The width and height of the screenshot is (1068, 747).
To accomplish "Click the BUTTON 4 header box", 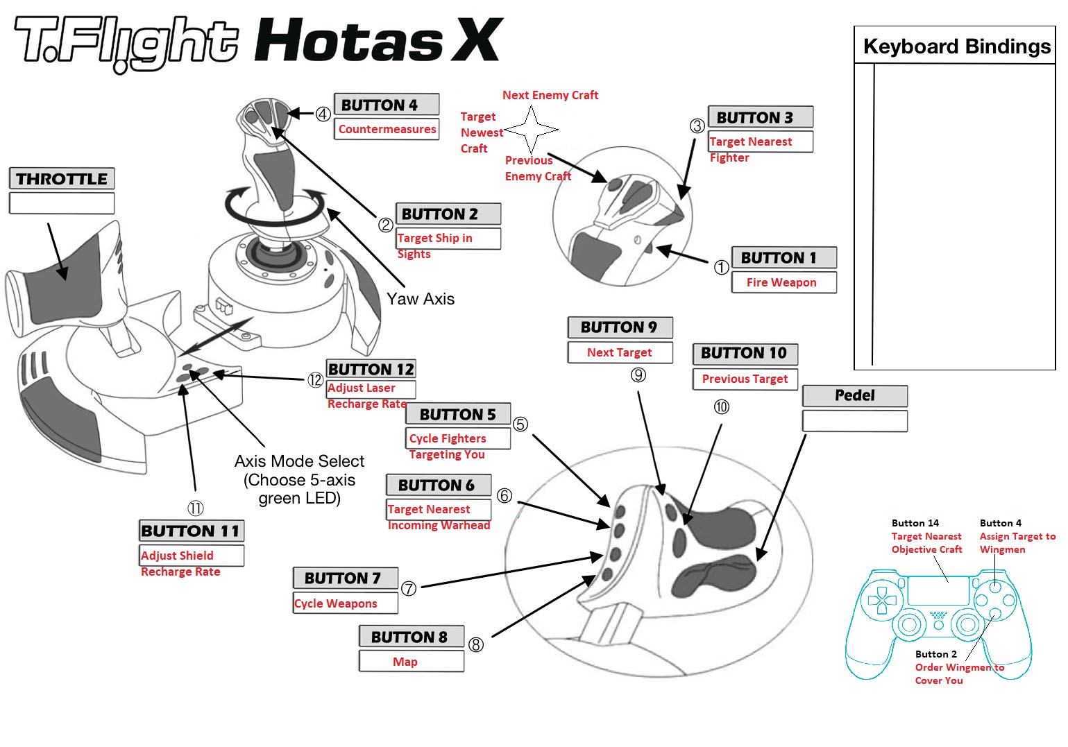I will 387,105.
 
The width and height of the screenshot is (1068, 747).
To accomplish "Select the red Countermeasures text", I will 387,129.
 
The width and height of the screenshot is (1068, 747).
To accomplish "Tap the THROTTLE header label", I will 62,179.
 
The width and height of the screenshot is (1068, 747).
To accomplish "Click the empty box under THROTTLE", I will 62,203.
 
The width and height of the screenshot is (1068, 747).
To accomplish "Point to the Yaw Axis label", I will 421,299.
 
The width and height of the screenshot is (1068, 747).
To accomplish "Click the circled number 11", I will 196,508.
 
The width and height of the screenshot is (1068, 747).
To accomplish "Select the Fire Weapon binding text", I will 781,282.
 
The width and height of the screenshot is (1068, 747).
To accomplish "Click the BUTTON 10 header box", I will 745,353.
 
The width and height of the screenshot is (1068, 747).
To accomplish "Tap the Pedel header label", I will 855,395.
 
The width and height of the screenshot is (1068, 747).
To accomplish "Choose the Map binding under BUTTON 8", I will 405,662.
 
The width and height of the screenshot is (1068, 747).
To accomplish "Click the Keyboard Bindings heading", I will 956,46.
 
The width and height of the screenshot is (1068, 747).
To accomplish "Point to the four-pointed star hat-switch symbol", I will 531,130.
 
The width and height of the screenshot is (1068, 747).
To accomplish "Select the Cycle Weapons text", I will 336,603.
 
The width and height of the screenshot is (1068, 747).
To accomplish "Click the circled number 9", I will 638,375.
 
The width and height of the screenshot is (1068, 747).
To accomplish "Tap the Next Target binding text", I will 619,352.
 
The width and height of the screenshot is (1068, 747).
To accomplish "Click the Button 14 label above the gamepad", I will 915,523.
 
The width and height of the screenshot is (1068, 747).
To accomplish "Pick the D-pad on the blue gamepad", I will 881,601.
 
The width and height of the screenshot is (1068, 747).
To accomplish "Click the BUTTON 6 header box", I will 438,485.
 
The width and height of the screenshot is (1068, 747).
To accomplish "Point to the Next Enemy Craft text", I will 550,95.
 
